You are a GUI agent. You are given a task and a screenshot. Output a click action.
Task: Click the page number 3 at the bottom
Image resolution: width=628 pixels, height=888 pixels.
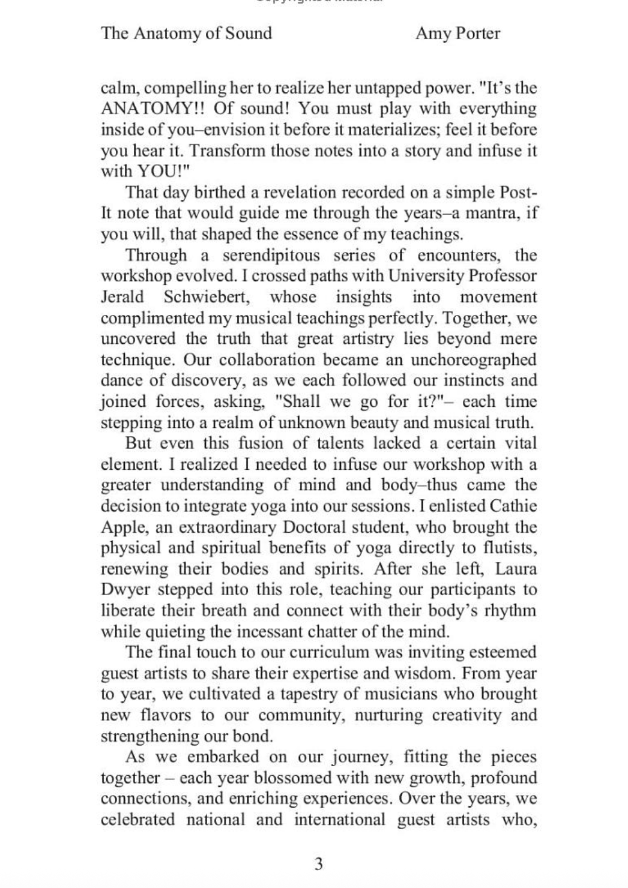(x=318, y=864)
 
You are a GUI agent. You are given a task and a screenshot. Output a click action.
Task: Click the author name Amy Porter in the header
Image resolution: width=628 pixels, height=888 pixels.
(x=457, y=33)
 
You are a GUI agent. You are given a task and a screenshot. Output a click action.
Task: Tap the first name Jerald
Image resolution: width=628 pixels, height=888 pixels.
(x=122, y=297)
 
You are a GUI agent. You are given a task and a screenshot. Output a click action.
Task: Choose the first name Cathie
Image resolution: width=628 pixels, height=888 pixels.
(x=513, y=506)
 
